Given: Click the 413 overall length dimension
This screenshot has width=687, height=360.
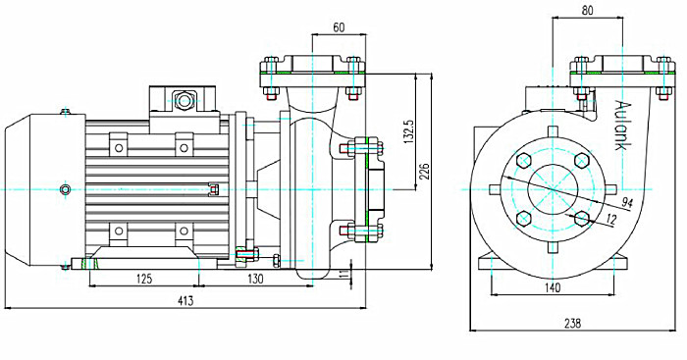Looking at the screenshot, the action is click(185, 301).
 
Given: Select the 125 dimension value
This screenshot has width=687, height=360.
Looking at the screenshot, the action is click(143, 279).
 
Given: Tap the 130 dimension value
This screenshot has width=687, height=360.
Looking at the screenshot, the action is click(255, 279).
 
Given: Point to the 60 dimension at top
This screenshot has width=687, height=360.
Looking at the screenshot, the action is click(339, 27).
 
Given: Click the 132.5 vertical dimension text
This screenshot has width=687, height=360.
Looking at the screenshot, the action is click(408, 130).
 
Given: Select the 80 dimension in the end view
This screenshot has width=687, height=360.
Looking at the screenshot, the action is click(588, 11).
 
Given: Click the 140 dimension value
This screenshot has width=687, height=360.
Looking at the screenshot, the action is click(553, 287).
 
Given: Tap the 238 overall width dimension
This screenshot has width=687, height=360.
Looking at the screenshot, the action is click(572, 323).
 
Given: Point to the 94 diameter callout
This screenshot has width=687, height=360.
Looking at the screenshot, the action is click(627, 202).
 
